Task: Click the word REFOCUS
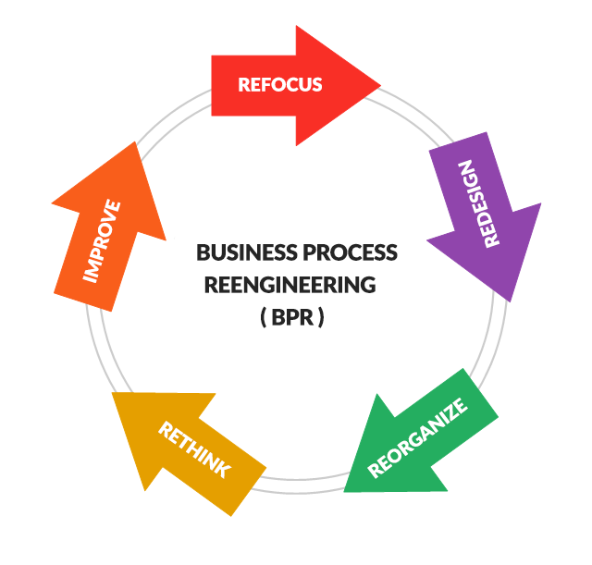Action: click(x=280, y=85)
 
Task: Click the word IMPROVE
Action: click(x=104, y=240)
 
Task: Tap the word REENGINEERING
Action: click(x=290, y=285)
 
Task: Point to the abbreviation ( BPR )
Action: click(x=292, y=317)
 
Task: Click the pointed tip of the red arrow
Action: click(x=378, y=85)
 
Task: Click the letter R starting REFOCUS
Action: click(x=243, y=85)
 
